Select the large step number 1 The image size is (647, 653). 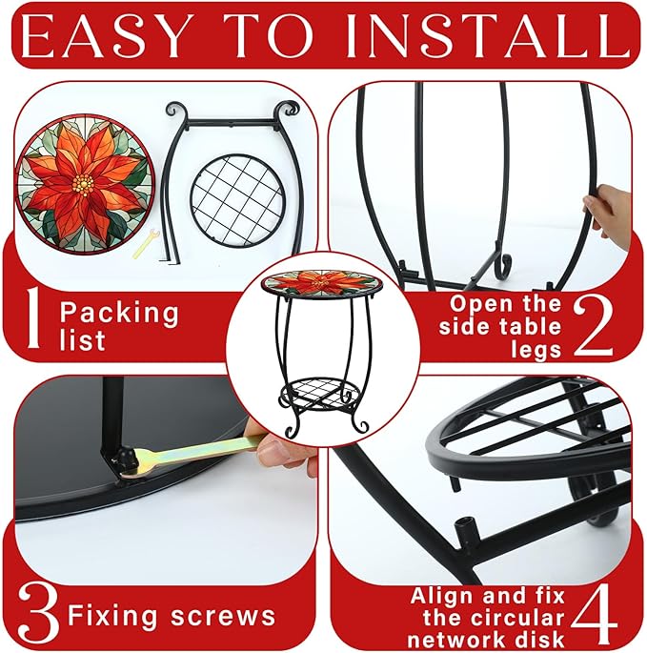tap(34, 317)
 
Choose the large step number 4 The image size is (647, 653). tap(594, 613)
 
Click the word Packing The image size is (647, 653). tap(119, 314)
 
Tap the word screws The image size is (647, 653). tap(223, 616)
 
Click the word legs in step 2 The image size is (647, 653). tap(536, 350)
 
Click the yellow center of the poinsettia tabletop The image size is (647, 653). tap(83, 182)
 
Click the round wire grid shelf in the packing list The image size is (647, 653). tap(237, 201)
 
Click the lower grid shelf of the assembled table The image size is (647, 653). tap(320, 393)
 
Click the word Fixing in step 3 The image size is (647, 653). tap(112, 616)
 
